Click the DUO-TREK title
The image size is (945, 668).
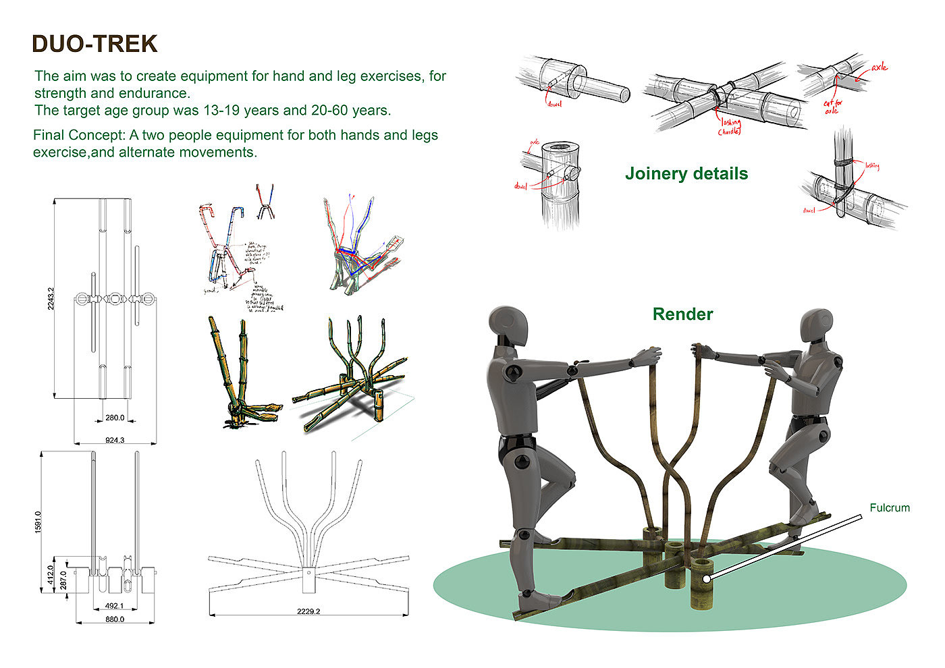click(94, 44)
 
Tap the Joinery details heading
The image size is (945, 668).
click(686, 173)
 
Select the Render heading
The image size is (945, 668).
click(682, 314)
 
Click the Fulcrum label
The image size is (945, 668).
click(889, 507)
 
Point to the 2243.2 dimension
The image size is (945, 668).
click(51, 298)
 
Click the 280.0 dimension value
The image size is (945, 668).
click(115, 418)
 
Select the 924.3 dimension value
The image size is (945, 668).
click(115, 440)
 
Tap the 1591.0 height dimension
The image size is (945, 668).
click(38, 522)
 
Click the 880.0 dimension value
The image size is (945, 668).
click(115, 619)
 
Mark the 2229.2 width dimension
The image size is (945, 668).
click(308, 612)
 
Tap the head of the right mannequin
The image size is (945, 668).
click(816, 327)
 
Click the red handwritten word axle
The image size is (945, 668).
click(879, 67)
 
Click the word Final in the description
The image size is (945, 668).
click(49, 135)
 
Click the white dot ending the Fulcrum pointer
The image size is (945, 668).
click(705, 578)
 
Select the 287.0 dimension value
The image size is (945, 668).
click(63, 580)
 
